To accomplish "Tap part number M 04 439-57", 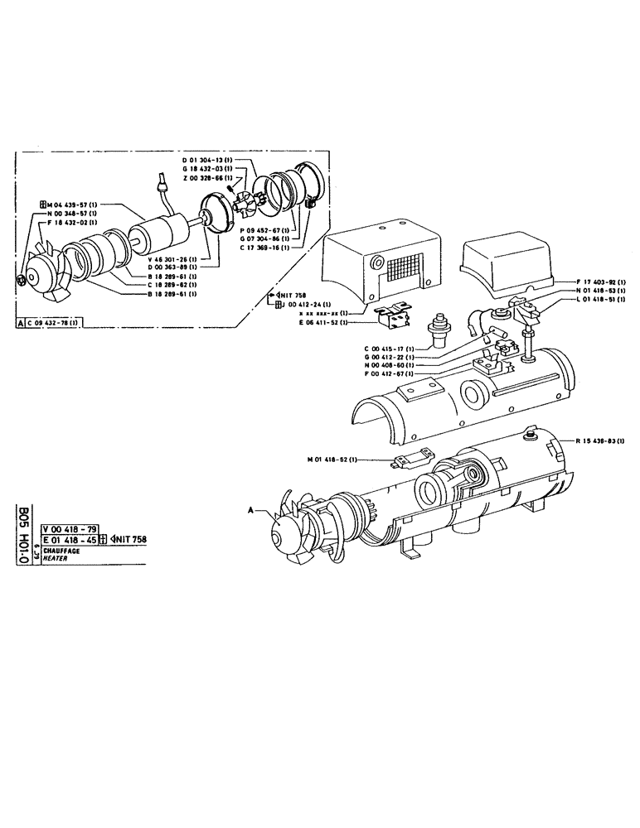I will (x=72, y=204).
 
